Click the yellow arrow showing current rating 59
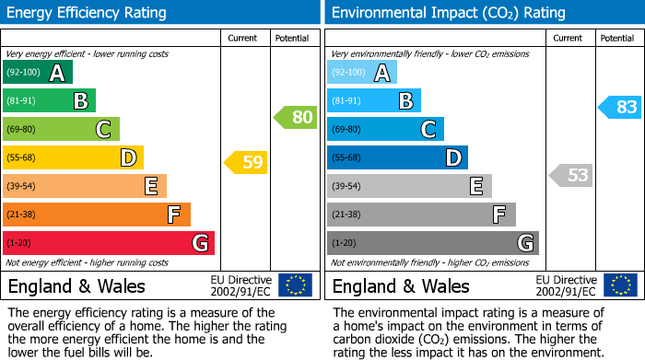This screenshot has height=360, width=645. point(245,163)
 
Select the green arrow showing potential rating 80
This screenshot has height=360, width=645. point(295,117)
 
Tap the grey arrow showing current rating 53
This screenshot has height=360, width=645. point(570,175)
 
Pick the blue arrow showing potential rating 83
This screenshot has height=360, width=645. point(619,107)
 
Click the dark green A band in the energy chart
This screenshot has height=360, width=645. point(38,73)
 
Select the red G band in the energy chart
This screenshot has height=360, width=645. point(109,243)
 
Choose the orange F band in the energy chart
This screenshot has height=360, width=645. point(97,215)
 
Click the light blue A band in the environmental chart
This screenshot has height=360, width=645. point(362,73)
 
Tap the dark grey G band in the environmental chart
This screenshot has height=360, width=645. point(433,243)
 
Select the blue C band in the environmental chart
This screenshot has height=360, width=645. point(385,129)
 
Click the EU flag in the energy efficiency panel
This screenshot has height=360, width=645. point(295,285)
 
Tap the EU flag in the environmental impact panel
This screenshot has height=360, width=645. point(619,285)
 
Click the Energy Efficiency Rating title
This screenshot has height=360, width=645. point(88,13)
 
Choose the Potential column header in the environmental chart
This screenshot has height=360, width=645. point(617,38)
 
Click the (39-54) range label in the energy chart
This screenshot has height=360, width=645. point(21,186)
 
